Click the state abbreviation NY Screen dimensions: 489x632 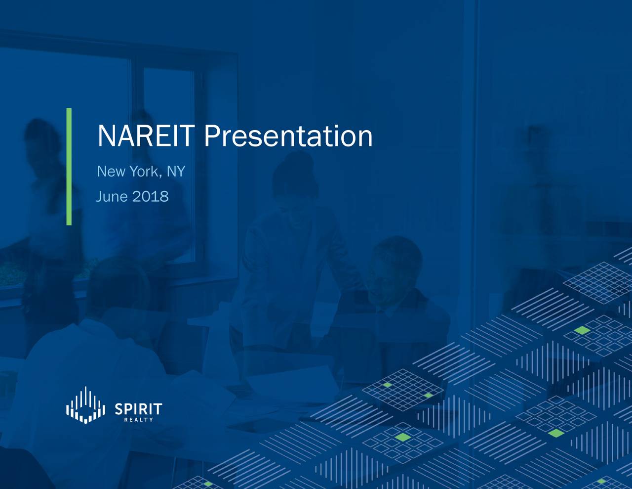tap(175, 172)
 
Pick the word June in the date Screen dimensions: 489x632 tap(112, 197)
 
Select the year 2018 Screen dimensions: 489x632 tap(151, 197)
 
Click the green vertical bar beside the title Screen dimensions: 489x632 tap(69, 167)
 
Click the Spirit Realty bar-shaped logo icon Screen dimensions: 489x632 tap(86, 405)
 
